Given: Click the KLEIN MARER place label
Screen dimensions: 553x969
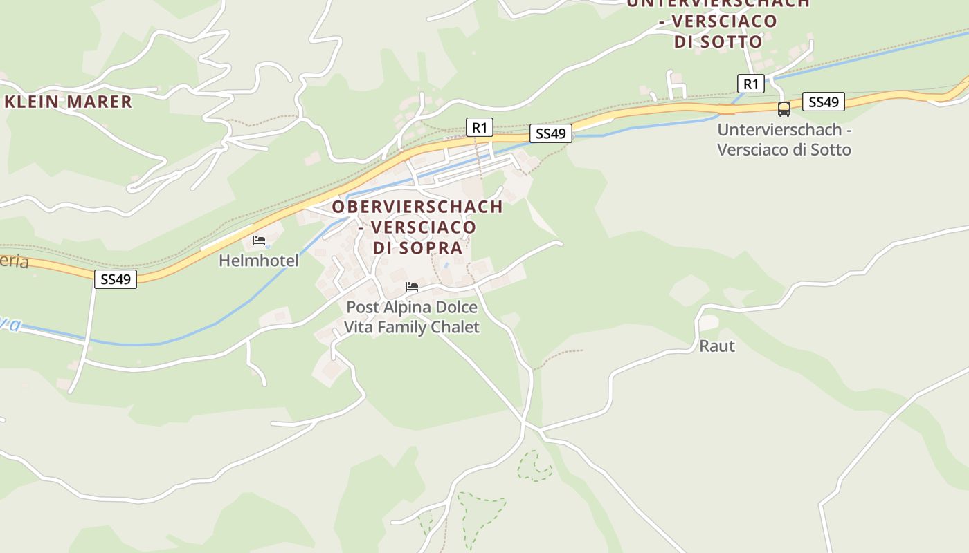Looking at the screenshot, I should point(68,102).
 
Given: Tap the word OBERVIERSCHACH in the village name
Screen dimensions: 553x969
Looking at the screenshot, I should point(417,207).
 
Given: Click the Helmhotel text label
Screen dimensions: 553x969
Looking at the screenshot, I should point(258,261).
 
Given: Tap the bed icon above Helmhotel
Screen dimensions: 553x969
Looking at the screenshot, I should point(259,241).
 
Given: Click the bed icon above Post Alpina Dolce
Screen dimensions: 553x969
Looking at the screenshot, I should point(412,287).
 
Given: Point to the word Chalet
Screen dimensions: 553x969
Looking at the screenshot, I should point(455,327).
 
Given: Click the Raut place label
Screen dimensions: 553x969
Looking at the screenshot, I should point(716,346).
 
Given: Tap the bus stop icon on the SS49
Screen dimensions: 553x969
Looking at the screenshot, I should point(784,109).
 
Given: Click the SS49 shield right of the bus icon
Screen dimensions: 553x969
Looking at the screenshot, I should point(824,102).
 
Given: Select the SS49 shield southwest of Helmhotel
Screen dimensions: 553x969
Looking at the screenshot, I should point(116,279).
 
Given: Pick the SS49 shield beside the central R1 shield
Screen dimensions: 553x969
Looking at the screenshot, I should point(551,133).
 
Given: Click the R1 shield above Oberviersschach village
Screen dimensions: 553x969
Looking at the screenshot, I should point(479,127).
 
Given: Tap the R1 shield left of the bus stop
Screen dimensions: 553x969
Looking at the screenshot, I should point(750,84).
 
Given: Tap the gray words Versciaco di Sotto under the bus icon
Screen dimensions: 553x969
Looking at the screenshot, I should point(784,149).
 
